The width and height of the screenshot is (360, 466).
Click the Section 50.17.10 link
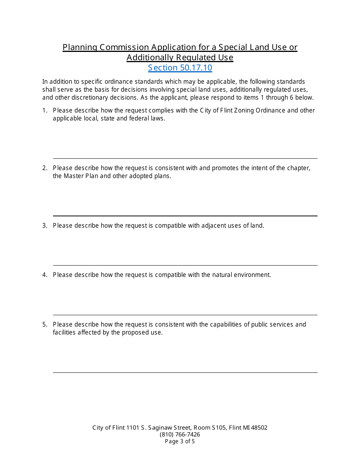click(180, 68)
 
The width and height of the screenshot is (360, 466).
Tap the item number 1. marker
click(45, 111)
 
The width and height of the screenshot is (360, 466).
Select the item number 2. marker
click(45, 168)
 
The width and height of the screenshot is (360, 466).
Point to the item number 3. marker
click(45, 226)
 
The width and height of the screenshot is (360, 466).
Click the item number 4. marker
click(45, 275)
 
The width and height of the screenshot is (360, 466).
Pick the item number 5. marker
click(45, 325)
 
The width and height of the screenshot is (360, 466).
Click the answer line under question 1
click(185, 158)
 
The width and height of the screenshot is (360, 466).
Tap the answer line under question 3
click(185, 265)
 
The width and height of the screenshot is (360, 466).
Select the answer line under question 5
click(185, 372)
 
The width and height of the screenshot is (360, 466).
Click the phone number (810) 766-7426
click(180, 435)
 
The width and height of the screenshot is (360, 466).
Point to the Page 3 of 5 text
click(180, 441)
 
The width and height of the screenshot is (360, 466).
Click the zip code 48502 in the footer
click(259, 428)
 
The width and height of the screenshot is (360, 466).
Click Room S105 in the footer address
click(208, 428)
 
